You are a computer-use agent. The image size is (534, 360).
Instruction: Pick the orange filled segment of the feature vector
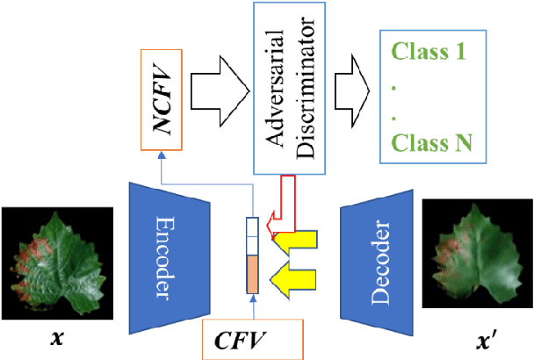click(251, 276)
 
